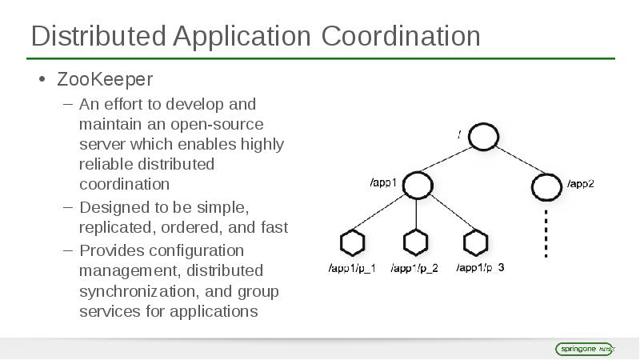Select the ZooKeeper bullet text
tap(104, 79)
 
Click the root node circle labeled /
tap(483, 137)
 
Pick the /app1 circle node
tap(417, 186)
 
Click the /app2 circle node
tap(546, 187)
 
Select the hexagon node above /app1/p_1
tap(352, 242)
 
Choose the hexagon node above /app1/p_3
tap(476, 242)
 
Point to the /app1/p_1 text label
tap(352, 268)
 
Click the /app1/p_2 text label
tap(414, 268)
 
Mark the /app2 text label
tap(581, 183)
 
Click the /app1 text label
tap(383, 182)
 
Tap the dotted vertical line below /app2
tap(546, 234)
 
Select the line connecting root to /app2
tap(515, 162)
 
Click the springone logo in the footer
tap(584, 349)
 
